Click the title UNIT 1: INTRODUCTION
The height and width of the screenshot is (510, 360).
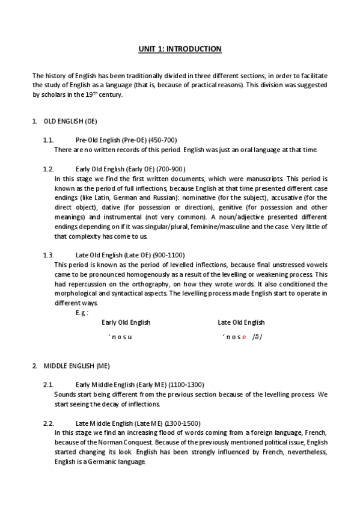coord(180,48)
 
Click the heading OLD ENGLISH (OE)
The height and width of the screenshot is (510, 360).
coord(70,121)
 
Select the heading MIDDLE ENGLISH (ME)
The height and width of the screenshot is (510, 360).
coord(76,366)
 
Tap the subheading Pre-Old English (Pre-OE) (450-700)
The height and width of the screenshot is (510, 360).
coord(126,140)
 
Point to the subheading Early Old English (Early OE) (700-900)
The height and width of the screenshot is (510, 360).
coord(130,169)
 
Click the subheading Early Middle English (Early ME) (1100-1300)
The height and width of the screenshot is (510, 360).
coord(140,384)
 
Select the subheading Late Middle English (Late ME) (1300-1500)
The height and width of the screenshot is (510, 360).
coord(138,423)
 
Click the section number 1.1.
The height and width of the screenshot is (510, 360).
coord(48,140)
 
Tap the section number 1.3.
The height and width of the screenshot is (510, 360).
coord(48,255)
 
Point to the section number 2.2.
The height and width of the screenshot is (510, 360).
coord(48,423)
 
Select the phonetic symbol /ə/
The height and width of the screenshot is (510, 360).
coord(257,337)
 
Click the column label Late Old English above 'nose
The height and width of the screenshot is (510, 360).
coord(241,322)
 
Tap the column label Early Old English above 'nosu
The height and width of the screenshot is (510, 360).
coord(126,322)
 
